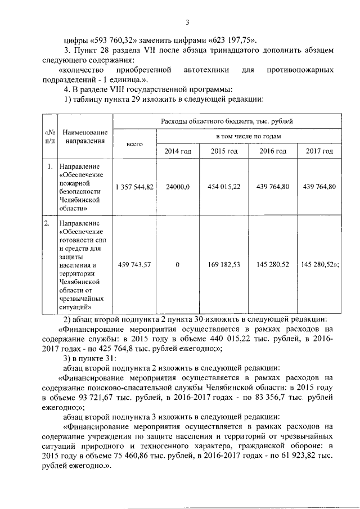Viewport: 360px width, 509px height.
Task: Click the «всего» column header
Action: tap(135, 144)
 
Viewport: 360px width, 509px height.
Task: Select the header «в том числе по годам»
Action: tap(249, 136)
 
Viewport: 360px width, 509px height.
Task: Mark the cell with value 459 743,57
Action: tap(134, 264)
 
